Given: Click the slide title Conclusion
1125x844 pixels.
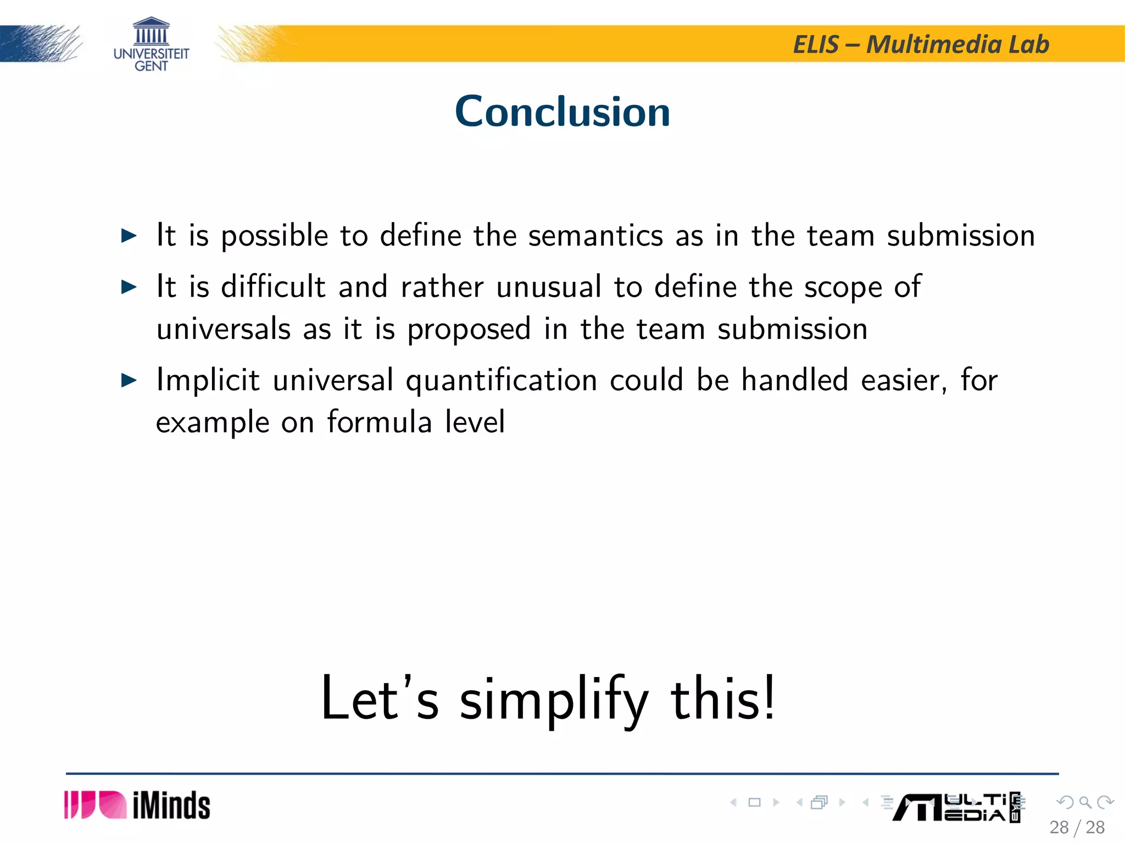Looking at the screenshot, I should coord(562,112).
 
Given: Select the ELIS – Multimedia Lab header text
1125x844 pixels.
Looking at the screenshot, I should coord(921,45).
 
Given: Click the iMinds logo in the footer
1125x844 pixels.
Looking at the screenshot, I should coord(137,806).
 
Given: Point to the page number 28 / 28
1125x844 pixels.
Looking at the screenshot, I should coord(1077,828).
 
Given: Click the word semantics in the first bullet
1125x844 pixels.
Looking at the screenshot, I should coord(595,236).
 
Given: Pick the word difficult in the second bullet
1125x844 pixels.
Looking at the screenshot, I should coord(273,287).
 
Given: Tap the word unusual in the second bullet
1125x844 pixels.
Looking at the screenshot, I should coord(548,287).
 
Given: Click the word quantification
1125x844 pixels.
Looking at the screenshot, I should coord(501,380).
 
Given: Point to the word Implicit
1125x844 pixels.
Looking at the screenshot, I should coord(208,380).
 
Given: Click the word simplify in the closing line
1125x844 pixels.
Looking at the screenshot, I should coord(554,699).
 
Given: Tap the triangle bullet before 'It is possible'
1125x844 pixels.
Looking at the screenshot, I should coord(129,236).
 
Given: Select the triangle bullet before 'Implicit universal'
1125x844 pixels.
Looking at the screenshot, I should coord(129,380).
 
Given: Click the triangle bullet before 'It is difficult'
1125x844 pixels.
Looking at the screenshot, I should coord(129,287).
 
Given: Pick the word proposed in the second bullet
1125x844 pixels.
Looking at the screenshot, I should coord(469,330).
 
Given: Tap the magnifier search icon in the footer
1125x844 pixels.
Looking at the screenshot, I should coord(1085,803).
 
